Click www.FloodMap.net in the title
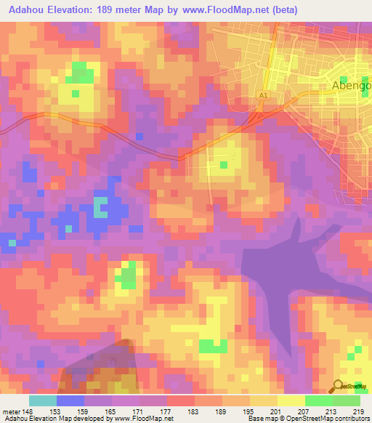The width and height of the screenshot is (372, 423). coord(225,10)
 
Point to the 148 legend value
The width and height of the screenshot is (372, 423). coord(28,411)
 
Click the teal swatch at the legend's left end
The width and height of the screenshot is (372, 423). coord(43,400)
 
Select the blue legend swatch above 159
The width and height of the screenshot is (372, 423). coord(70,400)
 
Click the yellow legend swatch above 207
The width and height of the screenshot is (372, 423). coord(291,400)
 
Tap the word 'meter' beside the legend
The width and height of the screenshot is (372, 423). coord(10,411)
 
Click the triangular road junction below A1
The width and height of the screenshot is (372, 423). coord(256,116)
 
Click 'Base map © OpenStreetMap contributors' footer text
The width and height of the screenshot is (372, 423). coord(308,419)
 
